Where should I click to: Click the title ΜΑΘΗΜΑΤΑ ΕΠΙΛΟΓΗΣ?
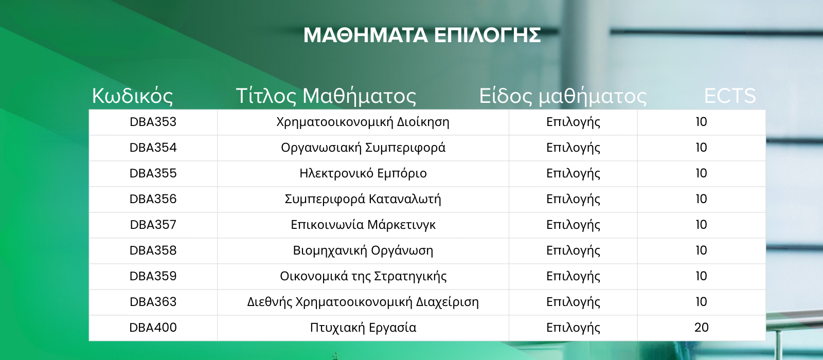(422, 35)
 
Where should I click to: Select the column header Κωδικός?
(132, 96)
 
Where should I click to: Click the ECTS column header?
(730, 96)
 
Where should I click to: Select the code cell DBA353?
(153, 122)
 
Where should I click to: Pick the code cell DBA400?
(153, 328)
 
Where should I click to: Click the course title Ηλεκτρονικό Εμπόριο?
(363, 173)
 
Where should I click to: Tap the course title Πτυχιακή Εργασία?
(363, 328)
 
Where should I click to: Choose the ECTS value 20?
(702, 328)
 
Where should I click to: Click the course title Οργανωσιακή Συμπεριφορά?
(363, 148)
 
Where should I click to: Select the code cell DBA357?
(153, 225)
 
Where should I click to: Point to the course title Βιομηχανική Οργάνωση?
(363, 250)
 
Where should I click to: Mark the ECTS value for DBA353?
(702, 122)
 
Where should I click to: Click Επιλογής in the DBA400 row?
(573, 328)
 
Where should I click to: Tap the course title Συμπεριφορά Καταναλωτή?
(363, 199)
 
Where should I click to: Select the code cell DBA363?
(153, 302)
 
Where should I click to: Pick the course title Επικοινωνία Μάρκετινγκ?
(363, 225)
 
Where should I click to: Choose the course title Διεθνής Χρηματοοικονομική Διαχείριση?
(363, 302)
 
